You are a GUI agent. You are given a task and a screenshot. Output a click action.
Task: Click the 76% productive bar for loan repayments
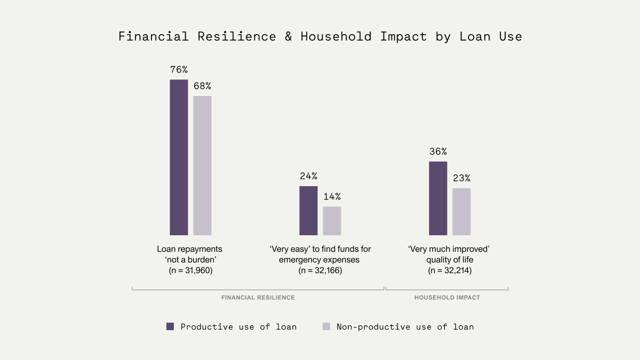pyautogui.click(x=179, y=157)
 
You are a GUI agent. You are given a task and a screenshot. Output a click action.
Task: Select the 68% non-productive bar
pyautogui.click(x=202, y=165)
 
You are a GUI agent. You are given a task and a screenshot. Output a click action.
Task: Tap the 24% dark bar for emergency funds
pyautogui.click(x=308, y=210)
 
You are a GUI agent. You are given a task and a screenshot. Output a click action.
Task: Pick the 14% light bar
pyautogui.click(x=332, y=221)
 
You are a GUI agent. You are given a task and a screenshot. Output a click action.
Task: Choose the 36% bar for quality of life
pyautogui.click(x=438, y=198)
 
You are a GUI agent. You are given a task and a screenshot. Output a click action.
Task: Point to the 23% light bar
pyautogui.click(x=461, y=211)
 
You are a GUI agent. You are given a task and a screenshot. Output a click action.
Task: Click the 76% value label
pyautogui.click(x=179, y=69)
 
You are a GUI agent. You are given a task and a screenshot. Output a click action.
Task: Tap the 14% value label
pyautogui.click(x=332, y=196)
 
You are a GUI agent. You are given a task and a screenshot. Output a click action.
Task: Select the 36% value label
pyautogui.click(x=438, y=151)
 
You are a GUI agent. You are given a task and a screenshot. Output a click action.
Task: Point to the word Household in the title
pyautogui.click(x=337, y=37)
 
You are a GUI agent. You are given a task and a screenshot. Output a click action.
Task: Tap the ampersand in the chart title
pyautogui.click(x=289, y=37)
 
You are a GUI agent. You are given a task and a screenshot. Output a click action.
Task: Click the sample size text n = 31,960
pyautogui.click(x=190, y=271)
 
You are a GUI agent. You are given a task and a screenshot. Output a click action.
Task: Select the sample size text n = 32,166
pyautogui.click(x=320, y=271)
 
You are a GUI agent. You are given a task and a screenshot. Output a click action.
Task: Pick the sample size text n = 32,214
pyautogui.click(x=450, y=271)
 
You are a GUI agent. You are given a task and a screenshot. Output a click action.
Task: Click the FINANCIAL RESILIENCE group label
pyautogui.click(x=258, y=298)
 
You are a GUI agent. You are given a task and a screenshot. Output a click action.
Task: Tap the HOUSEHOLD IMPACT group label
pyautogui.click(x=447, y=298)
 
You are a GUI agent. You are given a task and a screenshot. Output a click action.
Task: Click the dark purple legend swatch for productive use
pyautogui.click(x=170, y=326)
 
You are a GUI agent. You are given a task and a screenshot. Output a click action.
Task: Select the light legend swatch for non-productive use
pyautogui.click(x=326, y=326)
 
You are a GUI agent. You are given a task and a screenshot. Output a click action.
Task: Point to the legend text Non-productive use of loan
pyautogui.click(x=405, y=326)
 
